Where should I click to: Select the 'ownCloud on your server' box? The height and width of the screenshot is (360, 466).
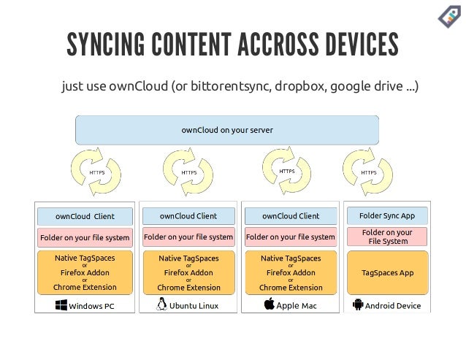(227, 130)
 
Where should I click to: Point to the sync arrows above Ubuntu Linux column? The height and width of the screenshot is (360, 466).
(188, 172)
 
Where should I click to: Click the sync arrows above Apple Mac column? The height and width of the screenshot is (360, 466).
(288, 171)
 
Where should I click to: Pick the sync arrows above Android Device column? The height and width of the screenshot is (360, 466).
(368, 172)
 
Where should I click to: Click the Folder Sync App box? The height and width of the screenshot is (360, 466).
(387, 215)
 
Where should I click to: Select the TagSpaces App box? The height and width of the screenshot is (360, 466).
(387, 272)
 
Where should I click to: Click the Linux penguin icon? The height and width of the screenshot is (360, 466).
(161, 305)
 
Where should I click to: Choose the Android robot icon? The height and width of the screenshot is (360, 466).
(357, 305)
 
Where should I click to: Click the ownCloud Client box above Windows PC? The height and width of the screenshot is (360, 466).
(85, 216)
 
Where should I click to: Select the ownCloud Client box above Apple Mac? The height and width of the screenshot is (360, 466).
(291, 215)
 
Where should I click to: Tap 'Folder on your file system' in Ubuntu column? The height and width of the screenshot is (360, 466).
(188, 237)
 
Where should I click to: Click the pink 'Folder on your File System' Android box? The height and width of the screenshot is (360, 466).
(387, 236)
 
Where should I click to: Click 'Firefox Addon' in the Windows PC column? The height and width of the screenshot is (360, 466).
(85, 272)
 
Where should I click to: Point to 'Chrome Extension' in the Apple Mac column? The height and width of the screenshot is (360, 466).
(291, 288)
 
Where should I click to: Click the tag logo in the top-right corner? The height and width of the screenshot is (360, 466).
(447, 17)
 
